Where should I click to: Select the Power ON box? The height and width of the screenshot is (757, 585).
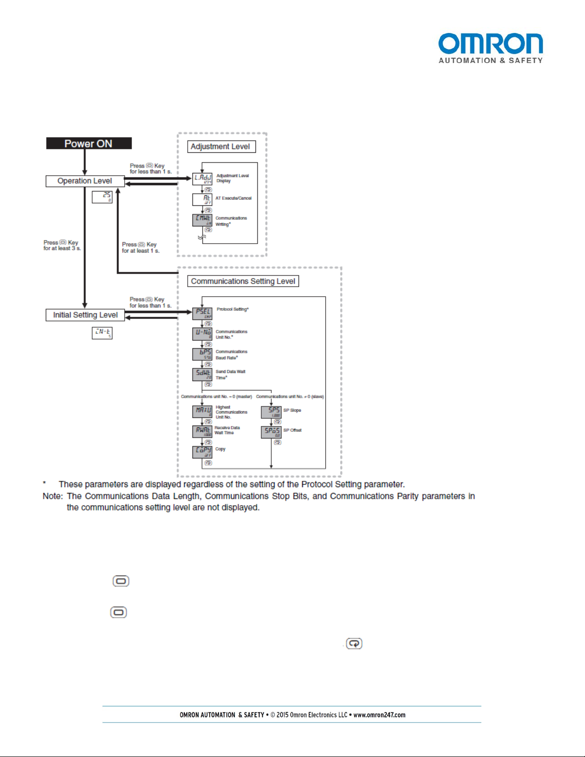click(89, 143)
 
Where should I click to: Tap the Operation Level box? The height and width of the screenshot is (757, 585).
click(85, 181)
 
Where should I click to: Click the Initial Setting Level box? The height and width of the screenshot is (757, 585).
click(85, 315)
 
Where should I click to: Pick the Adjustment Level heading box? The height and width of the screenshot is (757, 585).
click(221, 147)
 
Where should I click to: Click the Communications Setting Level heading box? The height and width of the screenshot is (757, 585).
click(243, 281)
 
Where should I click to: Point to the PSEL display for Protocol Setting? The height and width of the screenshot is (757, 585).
click(202, 313)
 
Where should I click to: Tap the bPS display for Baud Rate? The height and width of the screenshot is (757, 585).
click(202, 354)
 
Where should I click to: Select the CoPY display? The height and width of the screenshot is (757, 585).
click(202, 451)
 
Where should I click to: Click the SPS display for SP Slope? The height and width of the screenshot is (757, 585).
click(271, 412)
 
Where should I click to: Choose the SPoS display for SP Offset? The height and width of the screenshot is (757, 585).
click(271, 432)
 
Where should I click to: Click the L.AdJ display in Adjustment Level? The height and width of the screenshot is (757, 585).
click(202, 179)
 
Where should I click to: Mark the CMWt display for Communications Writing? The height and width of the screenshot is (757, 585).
click(202, 220)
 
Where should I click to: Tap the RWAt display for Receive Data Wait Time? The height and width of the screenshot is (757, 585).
click(202, 431)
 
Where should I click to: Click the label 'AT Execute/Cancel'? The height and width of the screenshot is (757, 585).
click(233, 198)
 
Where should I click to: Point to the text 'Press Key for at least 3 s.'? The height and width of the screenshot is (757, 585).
click(62, 245)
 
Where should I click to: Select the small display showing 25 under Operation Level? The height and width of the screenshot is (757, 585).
click(102, 197)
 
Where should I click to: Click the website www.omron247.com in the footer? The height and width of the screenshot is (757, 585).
click(379, 715)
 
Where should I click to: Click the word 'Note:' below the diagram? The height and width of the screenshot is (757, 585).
click(53, 496)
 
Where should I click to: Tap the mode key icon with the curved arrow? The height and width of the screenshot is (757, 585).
click(354, 644)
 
